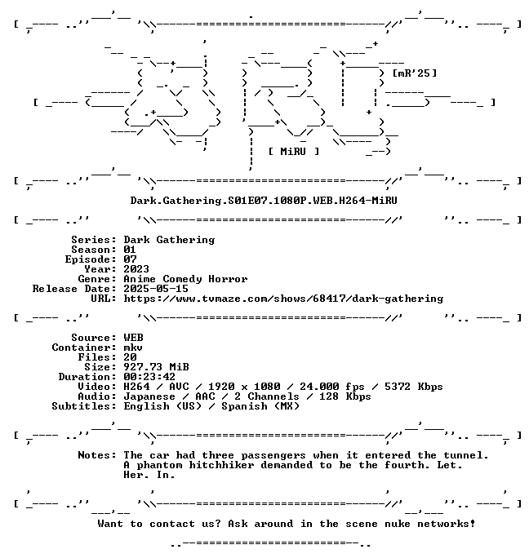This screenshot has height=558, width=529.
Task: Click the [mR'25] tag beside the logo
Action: point(414,73)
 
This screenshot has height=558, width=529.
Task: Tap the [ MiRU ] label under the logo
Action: point(294,152)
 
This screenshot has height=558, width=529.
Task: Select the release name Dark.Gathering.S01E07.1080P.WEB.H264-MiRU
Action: point(264,201)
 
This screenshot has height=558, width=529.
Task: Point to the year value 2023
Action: point(136,269)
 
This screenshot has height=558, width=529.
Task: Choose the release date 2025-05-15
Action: point(156,289)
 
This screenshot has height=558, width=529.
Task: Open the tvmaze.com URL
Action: point(283,299)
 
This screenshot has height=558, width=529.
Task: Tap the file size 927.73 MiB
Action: point(156,367)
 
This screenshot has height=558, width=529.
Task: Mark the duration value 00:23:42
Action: point(149,377)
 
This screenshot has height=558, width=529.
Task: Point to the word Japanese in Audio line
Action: point(149,396)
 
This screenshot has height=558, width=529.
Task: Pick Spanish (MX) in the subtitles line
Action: point(260,406)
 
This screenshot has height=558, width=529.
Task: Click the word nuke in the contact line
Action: point(398,524)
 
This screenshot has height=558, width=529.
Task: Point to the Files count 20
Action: point(130,357)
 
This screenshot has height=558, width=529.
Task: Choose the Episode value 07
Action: point(130,259)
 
